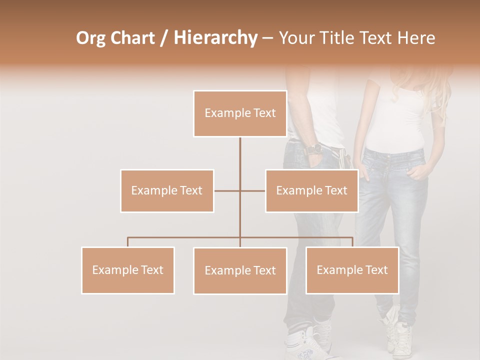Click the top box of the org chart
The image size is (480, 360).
(240, 113)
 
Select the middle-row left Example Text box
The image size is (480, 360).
(167, 190)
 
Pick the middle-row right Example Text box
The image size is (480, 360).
(311, 190)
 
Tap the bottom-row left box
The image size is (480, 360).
(128, 270)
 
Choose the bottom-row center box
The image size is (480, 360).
(240, 270)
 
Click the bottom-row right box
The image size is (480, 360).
(352, 270)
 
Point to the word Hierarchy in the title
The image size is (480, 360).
(215, 38)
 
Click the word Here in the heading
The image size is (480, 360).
(416, 38)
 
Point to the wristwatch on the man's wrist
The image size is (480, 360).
(314, 148)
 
